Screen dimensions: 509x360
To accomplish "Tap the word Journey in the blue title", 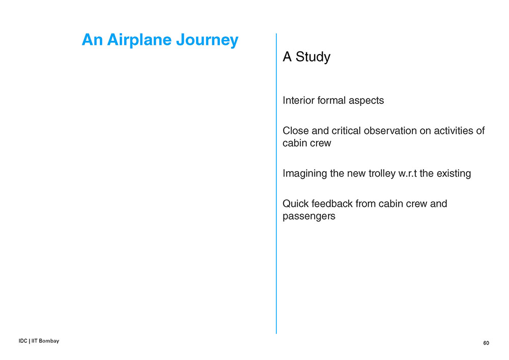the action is pos(208,40).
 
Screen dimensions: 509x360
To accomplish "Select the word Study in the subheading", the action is pos(313,57).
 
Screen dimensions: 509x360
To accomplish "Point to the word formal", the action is pos(331,100).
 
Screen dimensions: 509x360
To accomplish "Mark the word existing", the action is pos(454,174).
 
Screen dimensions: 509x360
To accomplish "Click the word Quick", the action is pos(295,204).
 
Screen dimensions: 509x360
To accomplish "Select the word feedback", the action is pos(332,204).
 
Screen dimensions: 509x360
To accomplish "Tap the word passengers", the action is pos(309,216).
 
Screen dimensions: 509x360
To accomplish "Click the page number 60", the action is pos(486,343).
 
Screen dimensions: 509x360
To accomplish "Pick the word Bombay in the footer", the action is pos(49,341).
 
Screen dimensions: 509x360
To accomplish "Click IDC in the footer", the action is pos(23,341).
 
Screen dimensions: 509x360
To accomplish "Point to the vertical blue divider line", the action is pos(276,183).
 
